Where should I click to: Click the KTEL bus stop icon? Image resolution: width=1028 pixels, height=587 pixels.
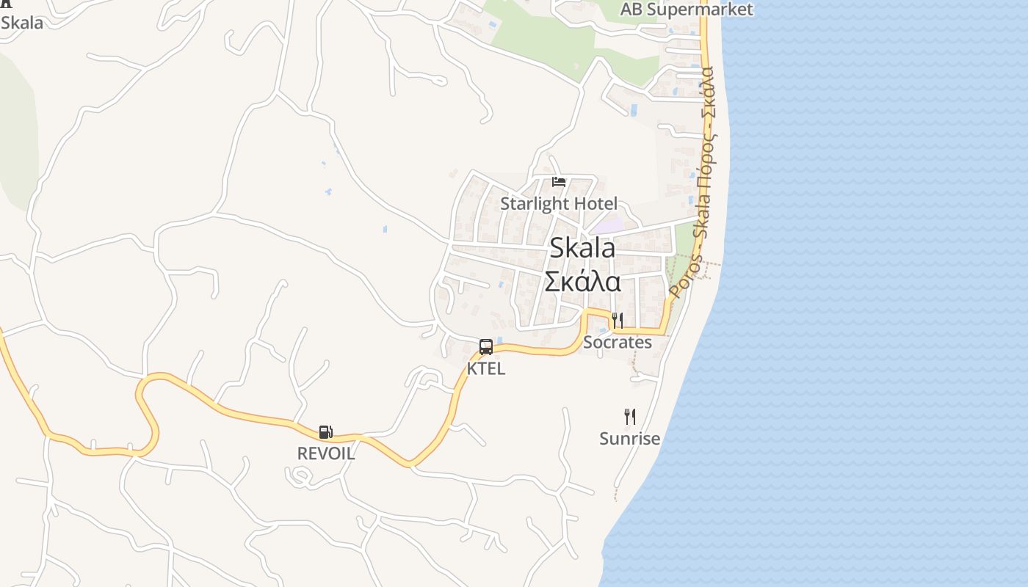tap(485, 347)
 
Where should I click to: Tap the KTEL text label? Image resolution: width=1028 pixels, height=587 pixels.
tap(486, 368)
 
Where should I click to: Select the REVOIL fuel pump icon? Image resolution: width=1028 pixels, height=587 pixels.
tap(326, 432)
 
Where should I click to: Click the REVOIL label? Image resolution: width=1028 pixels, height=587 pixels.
tap(326, 453)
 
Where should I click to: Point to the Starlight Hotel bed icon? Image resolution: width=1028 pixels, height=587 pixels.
tap(559, 181)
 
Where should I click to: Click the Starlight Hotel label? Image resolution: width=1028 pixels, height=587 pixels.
tap(559, 203)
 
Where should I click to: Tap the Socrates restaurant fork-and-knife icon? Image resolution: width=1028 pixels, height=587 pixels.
tap(618, 321)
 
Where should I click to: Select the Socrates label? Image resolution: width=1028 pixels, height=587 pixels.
tap(618, 342)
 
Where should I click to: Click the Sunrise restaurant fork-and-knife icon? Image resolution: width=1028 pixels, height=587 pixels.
tap(630, 417)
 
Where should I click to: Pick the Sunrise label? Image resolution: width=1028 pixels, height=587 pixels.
tap(630, 439)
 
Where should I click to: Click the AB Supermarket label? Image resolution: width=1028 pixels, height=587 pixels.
tap(687, 10)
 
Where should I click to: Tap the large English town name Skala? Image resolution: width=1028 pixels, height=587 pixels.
tap(582, 248)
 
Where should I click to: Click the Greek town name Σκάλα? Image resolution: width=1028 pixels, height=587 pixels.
tap(582, 282)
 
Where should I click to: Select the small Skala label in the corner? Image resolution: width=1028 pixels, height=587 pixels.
tap(22, 23)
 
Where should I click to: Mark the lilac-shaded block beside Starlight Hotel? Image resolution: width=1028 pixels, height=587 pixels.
tap(609, 225)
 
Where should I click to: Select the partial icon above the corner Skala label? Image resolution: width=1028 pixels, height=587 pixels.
tap(6, 4)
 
